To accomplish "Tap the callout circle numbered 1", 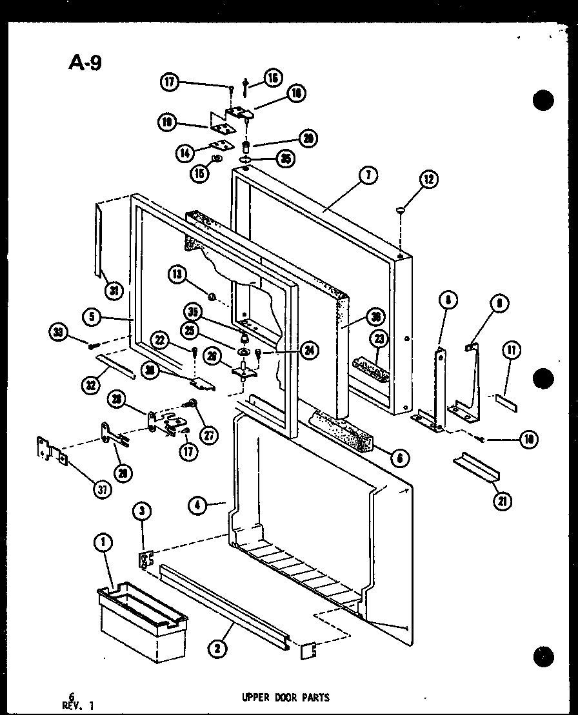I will (x=101, y=544).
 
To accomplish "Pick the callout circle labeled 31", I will (x=114, y=291).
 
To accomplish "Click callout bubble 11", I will (x=511, y=351).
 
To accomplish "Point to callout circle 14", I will (x=185, y=153).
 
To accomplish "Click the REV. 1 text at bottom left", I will (x=81, y=705).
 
